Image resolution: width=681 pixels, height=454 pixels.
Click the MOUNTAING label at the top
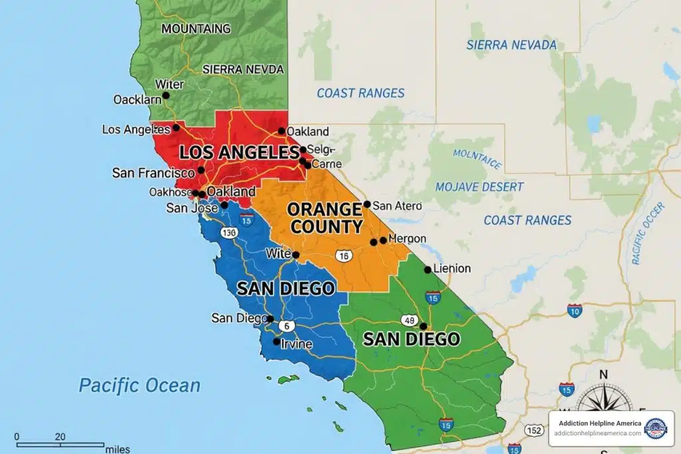pyautogui.click(x=196, y=29)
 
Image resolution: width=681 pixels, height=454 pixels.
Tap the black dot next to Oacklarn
pyautogui.click(x=166, y=95)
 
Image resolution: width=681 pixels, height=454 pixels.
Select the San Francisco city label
pyautogui.click(x=153, y=173)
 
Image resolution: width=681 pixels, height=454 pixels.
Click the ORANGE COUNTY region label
pyautogui.click(x=326, y=218)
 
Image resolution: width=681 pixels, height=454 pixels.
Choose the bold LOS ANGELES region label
pyautogui.click(x=239, y=152)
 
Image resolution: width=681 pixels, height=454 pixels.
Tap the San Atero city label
pyautogui.click(x=397, y=205)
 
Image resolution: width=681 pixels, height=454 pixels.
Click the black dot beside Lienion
pyautogui.click(x=428, y=269)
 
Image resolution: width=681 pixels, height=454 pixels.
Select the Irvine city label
pyautogui.click(x=297, y=344)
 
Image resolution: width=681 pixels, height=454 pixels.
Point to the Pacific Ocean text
pyautogui.click(x=139, y=386)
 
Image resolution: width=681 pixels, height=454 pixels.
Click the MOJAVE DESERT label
pyautogui.click(x=479, y=187)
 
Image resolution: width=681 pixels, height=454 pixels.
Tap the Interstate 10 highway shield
pyautogui.click(x=575, y=309)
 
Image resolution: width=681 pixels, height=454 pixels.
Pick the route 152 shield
pyautogui.click(x=533, y=430)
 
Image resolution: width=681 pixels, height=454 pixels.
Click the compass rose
pyautogui.click(x=603, y=401)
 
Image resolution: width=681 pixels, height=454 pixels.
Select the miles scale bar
pyautogui.click(x=60, y=443)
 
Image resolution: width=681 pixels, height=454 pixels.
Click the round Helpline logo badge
pyautogui.click(x=655, y=428)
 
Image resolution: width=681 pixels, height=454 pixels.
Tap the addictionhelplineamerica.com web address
pyautogui.click(x=598, y=433)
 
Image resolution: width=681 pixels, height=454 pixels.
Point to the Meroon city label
pyautogui.click(x=407, y=239)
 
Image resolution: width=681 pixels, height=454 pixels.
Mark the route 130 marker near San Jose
pyautogui.click(x=229, y=233)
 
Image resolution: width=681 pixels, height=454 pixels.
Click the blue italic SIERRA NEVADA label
pyautogui.click(x=511, y=45)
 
